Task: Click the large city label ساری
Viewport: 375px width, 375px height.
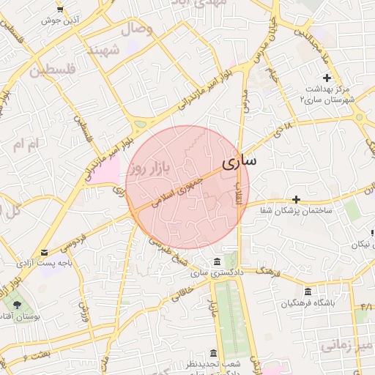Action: [238, 161]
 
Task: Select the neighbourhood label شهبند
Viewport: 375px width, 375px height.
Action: [103, 51]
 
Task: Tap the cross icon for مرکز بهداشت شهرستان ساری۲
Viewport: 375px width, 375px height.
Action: [327, 78]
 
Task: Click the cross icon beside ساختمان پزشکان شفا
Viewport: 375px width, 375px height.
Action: [296, 199]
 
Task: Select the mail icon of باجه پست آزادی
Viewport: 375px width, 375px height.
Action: [45, 253]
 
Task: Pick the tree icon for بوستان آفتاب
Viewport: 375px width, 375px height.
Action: [13, 302]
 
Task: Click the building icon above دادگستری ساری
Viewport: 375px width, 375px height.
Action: [216, 262]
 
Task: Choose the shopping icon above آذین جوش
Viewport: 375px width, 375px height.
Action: [59, 10]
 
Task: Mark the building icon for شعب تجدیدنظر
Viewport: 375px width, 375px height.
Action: [212, 353]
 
